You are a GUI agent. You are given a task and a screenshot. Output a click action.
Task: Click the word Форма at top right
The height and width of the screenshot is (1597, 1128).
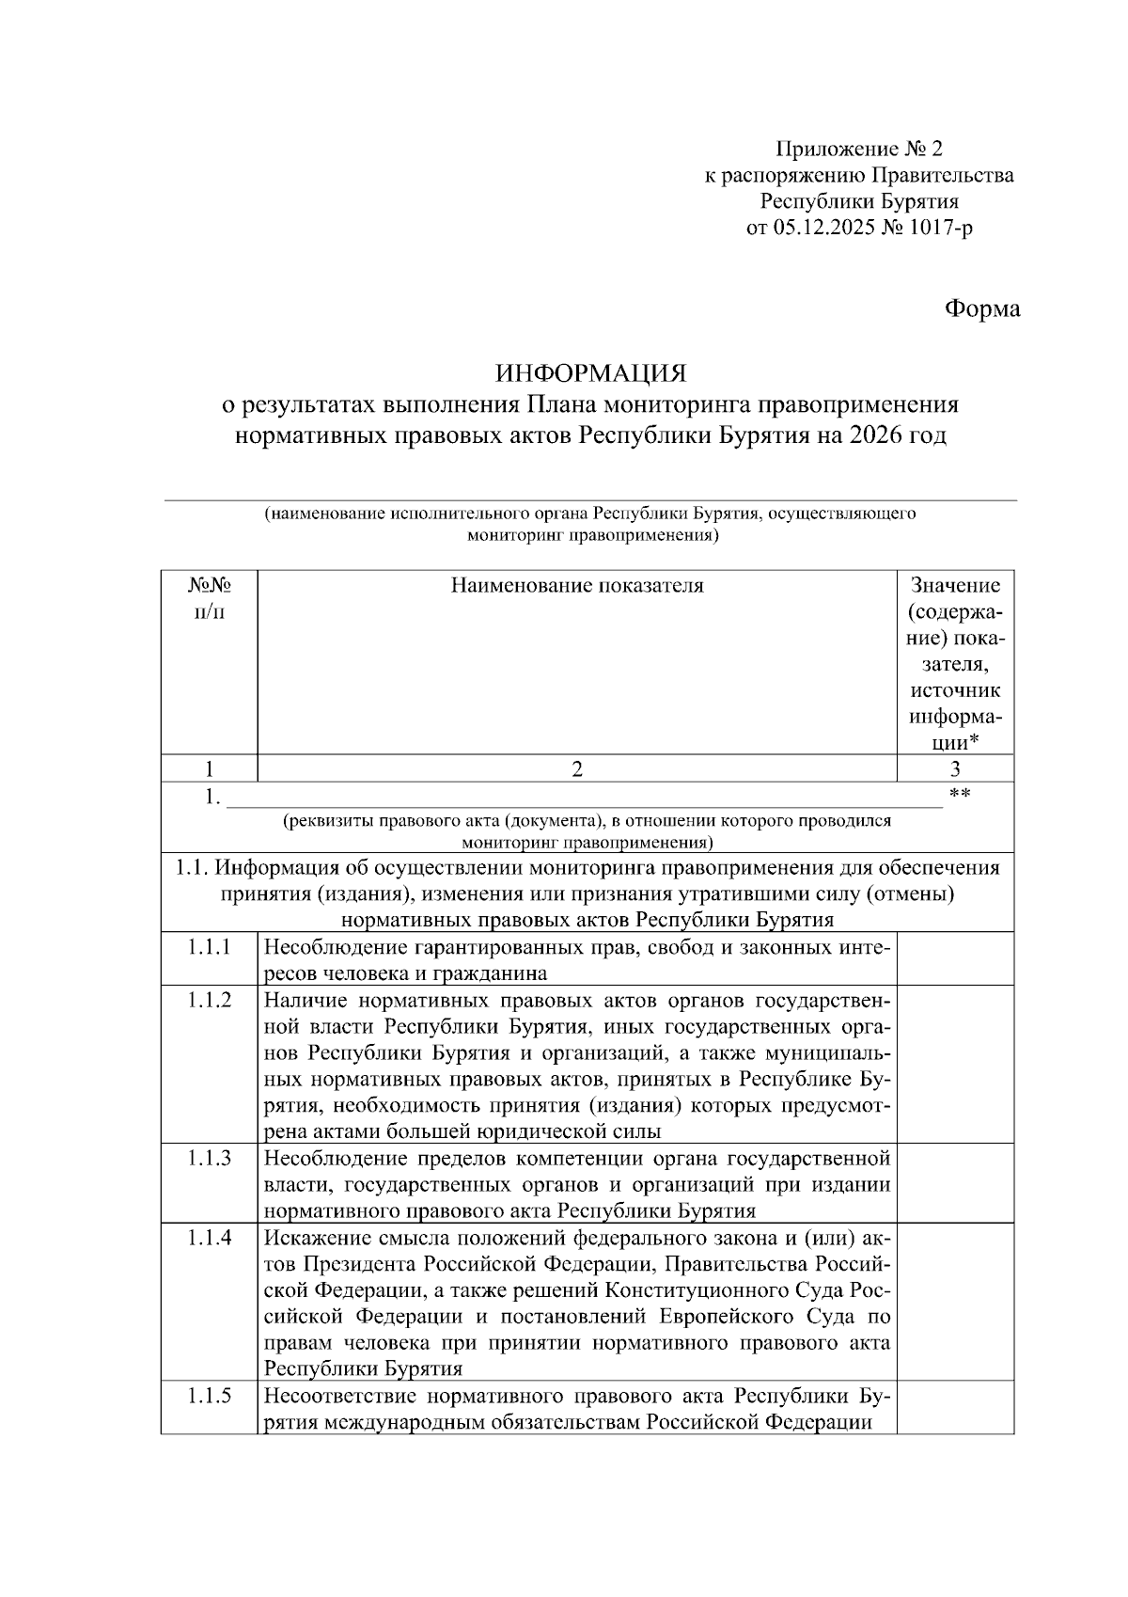[x=981, y=308]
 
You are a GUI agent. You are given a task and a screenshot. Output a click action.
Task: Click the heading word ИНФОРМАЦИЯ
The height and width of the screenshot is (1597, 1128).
[x=590, y=373]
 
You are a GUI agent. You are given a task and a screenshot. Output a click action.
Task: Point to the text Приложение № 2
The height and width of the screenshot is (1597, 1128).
[x=858, y=149]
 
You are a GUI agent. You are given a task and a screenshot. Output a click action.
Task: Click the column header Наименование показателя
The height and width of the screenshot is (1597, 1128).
[x=576, y=586]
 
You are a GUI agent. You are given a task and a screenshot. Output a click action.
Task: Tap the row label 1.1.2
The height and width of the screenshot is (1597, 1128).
[x=209, y=1000]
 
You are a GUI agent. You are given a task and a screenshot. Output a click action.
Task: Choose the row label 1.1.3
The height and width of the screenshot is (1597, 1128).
[x=209, y=1158]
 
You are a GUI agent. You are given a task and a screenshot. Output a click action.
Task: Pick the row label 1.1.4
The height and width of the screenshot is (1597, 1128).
[x=209, y=1237]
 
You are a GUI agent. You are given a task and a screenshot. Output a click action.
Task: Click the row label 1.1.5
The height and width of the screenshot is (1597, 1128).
[x=209, y=1395]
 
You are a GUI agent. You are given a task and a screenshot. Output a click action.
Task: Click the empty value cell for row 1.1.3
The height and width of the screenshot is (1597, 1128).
[x=955, y=1183]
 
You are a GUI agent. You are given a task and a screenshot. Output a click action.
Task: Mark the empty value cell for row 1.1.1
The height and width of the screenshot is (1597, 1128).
[x=955, y=958]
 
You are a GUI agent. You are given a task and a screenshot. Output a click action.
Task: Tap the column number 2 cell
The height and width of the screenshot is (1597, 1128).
[x=576, y=768]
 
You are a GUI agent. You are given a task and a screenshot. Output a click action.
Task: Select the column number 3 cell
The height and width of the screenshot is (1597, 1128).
[x=955, y=768]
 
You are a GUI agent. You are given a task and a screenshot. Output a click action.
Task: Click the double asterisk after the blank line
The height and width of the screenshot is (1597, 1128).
[x=960, y=795]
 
